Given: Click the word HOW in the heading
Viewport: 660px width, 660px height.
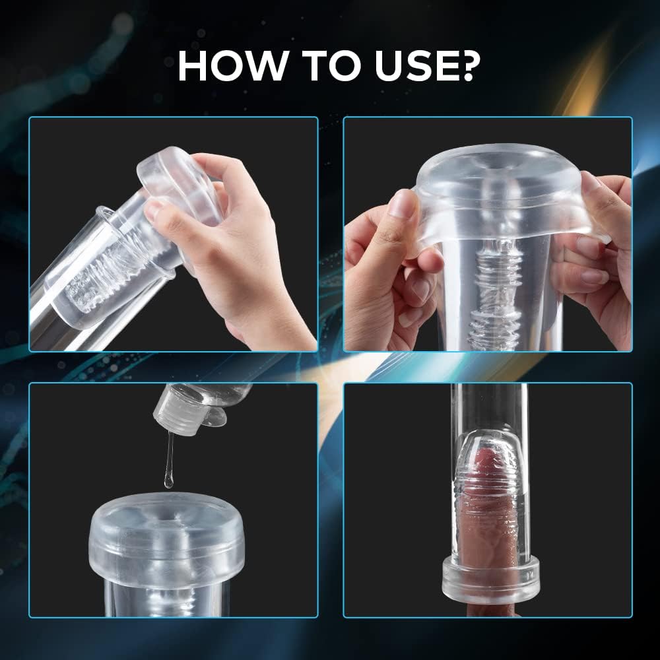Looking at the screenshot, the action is point(232,65).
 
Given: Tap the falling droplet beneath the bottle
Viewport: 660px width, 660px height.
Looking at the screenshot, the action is point(169,480).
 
